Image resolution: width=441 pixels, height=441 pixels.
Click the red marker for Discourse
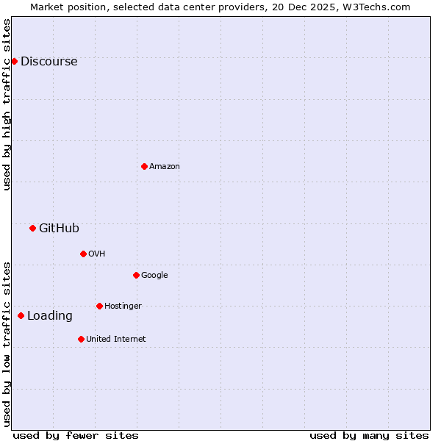coord(14,61)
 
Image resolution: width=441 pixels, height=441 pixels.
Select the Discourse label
coord(49,62)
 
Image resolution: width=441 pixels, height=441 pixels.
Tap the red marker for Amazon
coord(144,166)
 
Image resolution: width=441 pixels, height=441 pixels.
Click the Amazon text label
coord(164,167)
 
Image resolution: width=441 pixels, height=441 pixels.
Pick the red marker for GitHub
coord(32,228)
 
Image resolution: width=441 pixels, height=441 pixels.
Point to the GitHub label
coord(59,229)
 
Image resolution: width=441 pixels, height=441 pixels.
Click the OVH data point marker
coord(83,254)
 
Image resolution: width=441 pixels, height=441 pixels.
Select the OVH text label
coord(96,254)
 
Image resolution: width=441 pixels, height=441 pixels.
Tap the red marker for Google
coord(136,275)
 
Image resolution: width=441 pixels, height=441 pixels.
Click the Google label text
coord(154,276)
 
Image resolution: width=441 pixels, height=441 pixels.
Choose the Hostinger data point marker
coord(99,306)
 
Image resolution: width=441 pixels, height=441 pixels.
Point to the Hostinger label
coord(123,306)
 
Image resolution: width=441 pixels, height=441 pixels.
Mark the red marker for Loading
coord(21,315)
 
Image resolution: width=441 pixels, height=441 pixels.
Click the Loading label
coord(49,316)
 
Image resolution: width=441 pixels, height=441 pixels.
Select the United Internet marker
coord(81,339)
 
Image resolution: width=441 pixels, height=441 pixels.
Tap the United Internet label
coord(115,340)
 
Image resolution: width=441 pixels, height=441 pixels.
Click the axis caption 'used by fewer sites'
coord(76,435)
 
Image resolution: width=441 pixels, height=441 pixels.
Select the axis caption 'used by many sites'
coord(369,435)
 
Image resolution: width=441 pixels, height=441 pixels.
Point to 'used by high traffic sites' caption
coord(7,104)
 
